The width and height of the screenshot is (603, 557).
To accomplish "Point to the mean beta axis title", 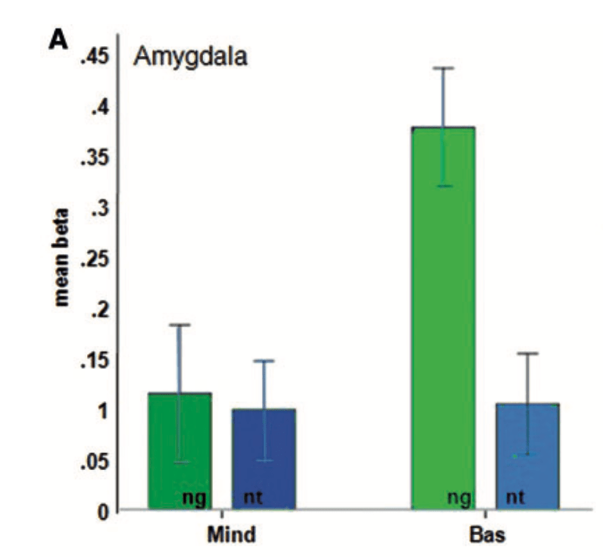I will [63, 247].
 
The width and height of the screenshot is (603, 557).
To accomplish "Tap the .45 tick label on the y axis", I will [94, 56].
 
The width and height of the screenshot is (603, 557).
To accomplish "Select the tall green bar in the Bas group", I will [443, 318].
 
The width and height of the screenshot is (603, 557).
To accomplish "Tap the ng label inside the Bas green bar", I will [459, 496].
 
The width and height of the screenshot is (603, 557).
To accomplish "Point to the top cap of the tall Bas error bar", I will [443, 68].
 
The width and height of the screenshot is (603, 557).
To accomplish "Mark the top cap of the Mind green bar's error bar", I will [180, 325].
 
